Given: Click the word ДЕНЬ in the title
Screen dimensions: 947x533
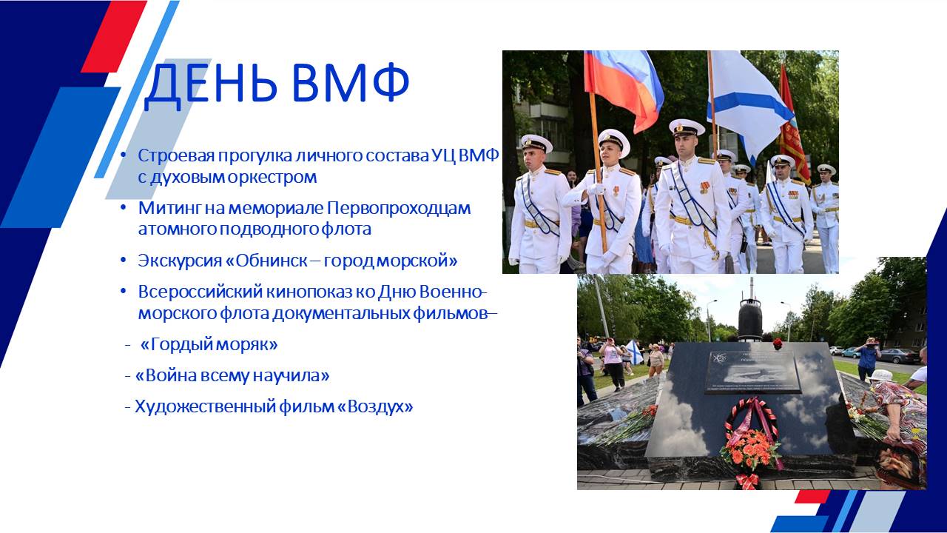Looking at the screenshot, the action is click(211, 84).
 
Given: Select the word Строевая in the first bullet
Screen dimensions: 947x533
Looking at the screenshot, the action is click(175, 156).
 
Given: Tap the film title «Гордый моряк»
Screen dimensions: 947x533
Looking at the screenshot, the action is click(209, 345).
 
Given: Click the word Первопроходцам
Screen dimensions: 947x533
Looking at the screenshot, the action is click(399, 209).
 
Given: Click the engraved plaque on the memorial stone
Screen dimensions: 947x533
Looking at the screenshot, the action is click(752, 372).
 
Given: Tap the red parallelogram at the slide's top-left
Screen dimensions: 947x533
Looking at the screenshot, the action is click(114, 36).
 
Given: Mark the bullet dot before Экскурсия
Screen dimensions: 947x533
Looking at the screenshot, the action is click(123, 259).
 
